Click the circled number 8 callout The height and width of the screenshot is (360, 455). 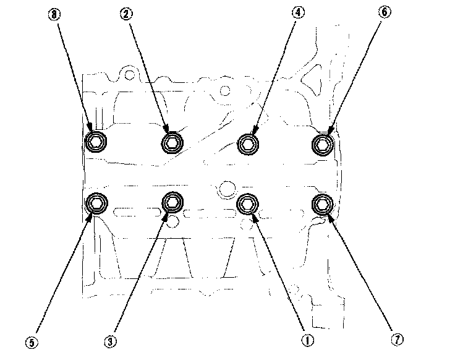click(x=54, y=14)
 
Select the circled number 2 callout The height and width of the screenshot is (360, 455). click(x=127, y=14)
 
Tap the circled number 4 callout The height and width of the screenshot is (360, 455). click(x=299, y=12)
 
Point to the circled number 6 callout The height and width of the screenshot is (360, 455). click(x=385, y=12)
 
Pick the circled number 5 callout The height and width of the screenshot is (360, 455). click(x=32, y=343)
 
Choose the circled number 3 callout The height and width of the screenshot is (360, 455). click(x=110, y=341)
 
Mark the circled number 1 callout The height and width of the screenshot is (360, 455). click(x=307, y=340)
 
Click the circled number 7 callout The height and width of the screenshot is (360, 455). click(x=398, y=339)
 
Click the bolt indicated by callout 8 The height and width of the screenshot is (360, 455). click(x=95, y=142)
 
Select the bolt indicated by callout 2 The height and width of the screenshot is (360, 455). click(x=172, y=143)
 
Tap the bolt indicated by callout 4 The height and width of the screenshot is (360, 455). click(x=248, y=144)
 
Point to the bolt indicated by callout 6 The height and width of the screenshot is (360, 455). click(x=322, y=144)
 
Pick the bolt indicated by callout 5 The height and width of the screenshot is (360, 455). click(x=96, y=204)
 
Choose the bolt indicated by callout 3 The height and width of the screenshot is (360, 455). click(x=172, y=202)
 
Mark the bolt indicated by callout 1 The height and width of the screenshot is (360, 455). click(x=247, y=204)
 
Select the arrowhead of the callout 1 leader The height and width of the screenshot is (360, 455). click(x=255, y=218)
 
